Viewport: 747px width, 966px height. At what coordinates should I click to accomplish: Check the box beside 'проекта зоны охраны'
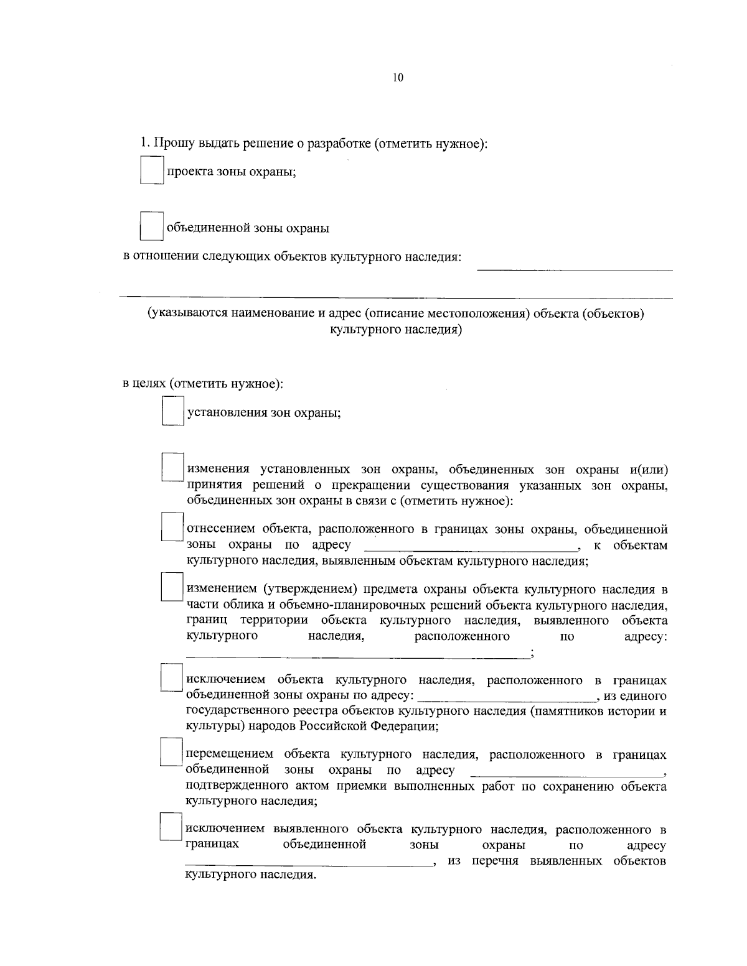(x=151, y=170)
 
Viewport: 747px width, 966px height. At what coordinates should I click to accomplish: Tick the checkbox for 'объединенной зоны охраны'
(x=151, y=227)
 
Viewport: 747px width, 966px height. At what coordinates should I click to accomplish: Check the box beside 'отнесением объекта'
(x=172, y=527)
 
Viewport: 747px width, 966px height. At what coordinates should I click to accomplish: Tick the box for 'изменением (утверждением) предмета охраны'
(x=172, y=587)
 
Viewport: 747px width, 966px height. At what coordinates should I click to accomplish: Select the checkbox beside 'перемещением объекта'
(x=172, y=752)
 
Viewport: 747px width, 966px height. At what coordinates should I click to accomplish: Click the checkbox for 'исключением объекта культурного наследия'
(x=172, y=678)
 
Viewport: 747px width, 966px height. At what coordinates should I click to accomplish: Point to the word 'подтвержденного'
(x=230, y=786)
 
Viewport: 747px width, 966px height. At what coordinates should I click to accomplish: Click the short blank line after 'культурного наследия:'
(x=574, y=269)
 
